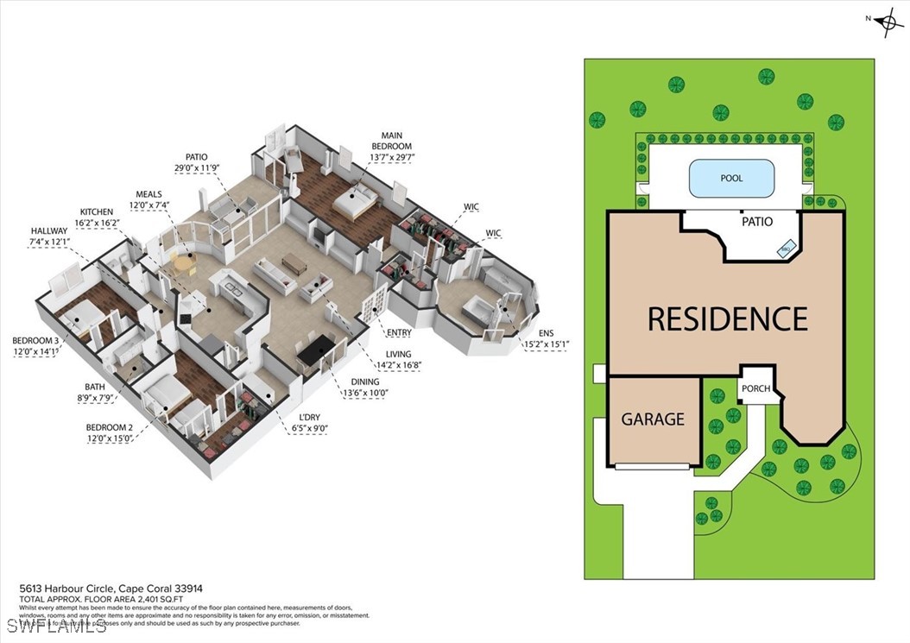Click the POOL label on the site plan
coord(731,179)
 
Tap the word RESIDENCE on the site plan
coord(727,318)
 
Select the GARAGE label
coord(653,419)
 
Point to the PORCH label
coord(756,388)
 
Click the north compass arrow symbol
coord(888,22)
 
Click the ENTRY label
coord(398,333)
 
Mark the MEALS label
coord(149,195)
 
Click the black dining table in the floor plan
coord(313,348)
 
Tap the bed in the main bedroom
coord(355,203)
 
